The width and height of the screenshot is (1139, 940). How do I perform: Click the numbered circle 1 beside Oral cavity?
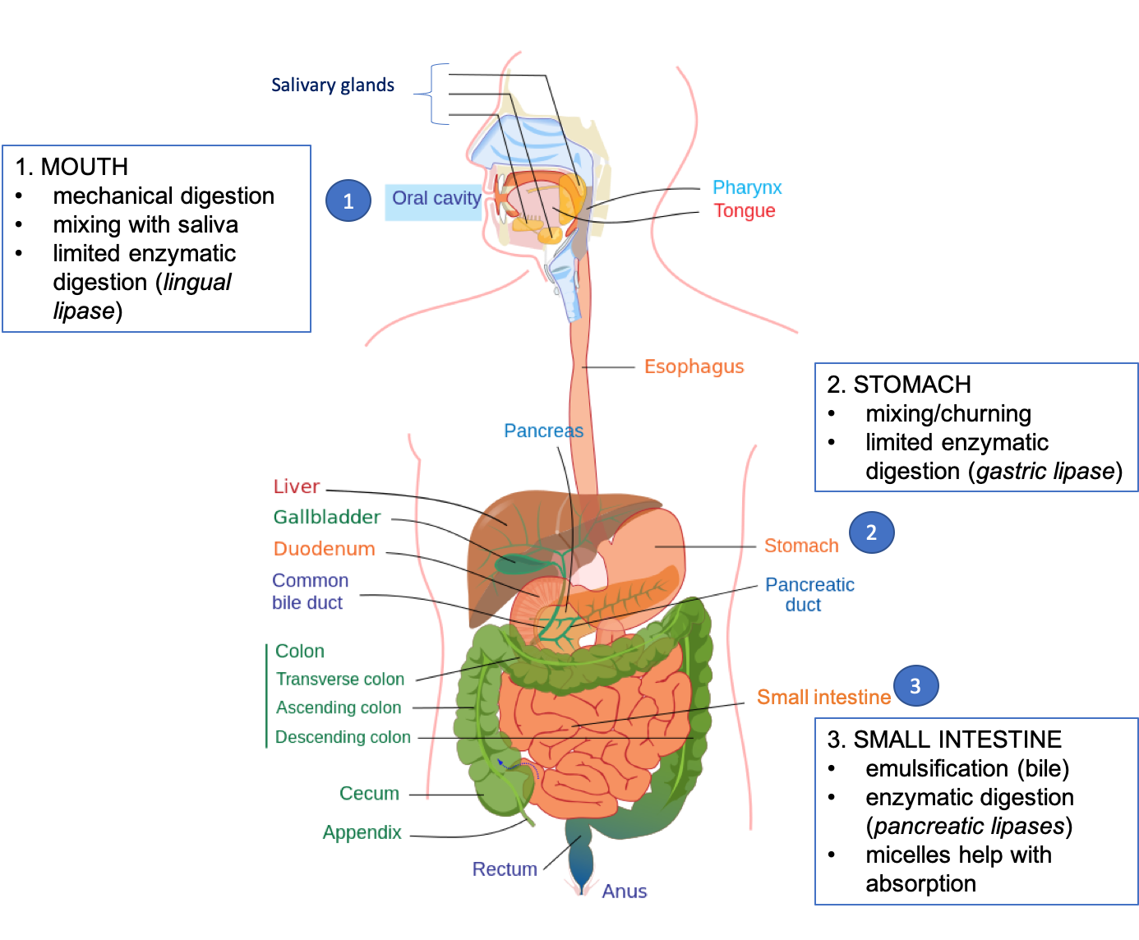[348, 200]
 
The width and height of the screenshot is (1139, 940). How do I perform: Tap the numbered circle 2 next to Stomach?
[871, 532]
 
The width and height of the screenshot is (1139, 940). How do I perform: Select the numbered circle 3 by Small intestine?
[915, 686]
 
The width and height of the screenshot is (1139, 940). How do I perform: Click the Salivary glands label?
[332, 85]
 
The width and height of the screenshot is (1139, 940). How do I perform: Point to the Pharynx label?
[746, 188]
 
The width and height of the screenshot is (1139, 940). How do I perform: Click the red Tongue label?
[744, 211]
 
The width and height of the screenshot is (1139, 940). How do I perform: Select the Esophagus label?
[694, 367]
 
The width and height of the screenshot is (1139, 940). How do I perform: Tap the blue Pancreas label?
[542, 431]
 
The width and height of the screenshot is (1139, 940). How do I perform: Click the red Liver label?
[296, 486]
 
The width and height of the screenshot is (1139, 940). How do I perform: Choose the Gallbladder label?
[327, 518]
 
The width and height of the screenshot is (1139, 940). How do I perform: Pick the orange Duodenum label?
[324, 549]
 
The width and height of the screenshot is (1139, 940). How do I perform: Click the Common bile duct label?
[310, 592]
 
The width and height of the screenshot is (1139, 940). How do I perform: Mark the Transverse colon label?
[340, 680]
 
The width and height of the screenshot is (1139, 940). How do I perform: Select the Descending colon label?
[343, 737]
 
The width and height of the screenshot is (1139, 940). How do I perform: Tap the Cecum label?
[369, 794]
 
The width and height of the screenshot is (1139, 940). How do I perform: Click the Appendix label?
[362, 832]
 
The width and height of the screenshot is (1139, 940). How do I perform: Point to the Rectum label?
[505, 869]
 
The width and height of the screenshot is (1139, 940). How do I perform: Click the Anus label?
[624, 892]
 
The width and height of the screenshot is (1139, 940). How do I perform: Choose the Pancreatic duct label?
[809, 594]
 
